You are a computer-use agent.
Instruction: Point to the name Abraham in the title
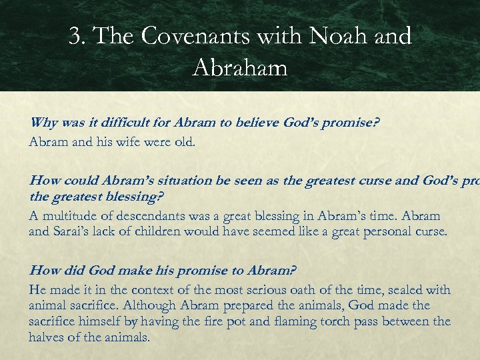pyautogui.click(x=240, y=67)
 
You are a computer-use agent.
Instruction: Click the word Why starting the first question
pyautogui.click(x=44, y=122)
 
